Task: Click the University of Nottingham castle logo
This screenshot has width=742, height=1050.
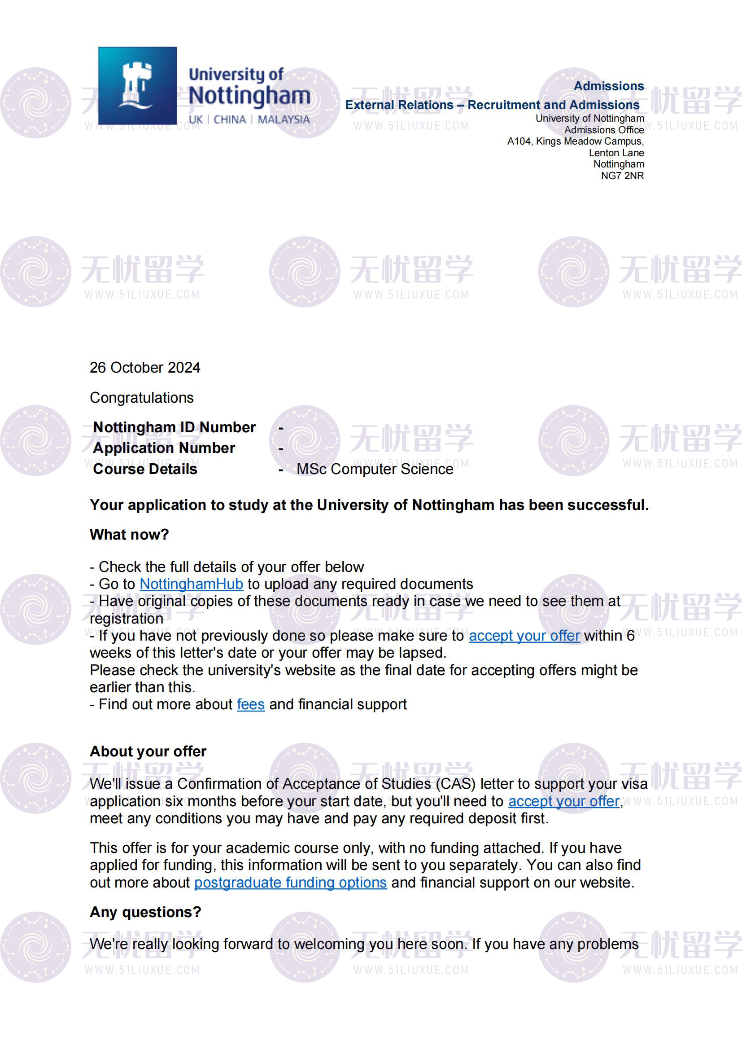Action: (137, 86)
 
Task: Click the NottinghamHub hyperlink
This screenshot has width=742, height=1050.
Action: (191, 584)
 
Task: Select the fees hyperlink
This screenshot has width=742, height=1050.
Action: (250, 704)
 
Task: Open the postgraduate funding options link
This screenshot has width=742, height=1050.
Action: (290, 882)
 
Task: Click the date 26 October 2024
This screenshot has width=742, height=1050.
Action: (145, 367)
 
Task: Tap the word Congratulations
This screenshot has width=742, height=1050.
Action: (142, 397)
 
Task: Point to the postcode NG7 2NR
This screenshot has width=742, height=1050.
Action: (622, 176)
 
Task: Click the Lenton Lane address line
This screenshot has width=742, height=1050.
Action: (616, 153)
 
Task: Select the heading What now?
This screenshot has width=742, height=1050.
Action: (129, 534)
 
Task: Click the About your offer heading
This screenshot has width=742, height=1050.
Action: (148, 751)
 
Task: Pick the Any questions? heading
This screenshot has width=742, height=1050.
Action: (145, 912)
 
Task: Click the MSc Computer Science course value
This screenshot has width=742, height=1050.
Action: (375, 469)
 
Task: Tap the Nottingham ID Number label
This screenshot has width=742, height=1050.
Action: (174, 426)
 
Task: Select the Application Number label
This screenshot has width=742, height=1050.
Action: (164, 448)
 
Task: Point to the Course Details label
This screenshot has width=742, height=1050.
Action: (145, 469)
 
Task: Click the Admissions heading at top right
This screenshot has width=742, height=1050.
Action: (609, 86)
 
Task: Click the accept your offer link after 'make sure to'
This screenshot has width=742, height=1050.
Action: (524, 636)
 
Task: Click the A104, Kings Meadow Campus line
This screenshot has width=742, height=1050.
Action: (575, 141)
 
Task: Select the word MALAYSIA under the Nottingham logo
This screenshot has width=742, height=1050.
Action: (284, 119)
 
